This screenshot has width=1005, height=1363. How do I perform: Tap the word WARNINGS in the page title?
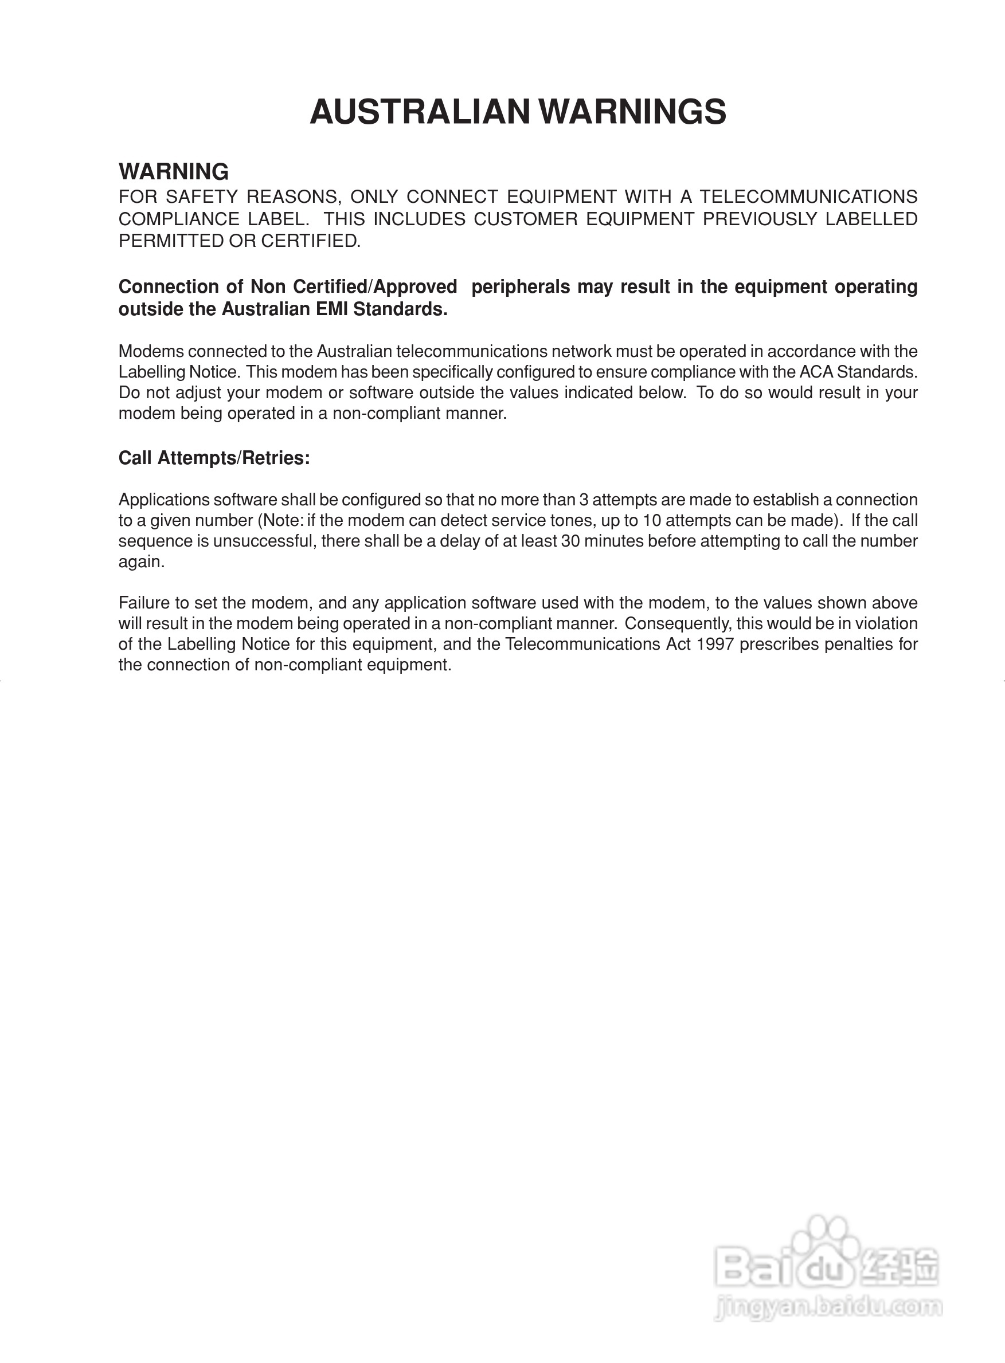[633, 112]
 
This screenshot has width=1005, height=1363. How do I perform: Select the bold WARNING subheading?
[173, 171]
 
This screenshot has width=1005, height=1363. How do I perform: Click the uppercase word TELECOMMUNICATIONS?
[808, 197]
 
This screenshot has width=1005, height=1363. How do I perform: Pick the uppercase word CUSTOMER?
[526, 219]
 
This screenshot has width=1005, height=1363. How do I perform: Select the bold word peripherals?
[520, 286]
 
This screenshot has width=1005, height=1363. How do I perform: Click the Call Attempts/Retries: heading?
[214, 458]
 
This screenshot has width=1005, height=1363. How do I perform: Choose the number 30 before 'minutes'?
[570, 541]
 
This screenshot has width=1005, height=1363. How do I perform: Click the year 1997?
[714, 644]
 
